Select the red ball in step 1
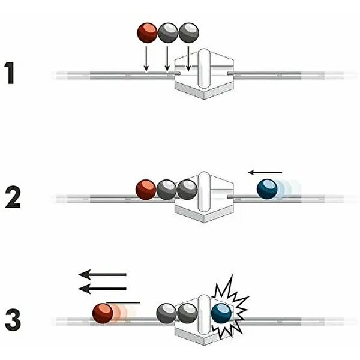point(148,32)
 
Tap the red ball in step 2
point(146,189)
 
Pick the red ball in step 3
point(103,313)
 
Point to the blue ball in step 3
point(222,313)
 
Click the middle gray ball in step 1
point(167,32)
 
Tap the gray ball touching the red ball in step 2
point(166,190)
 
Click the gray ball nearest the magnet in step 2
point(187,190)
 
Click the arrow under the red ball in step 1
point(146,58)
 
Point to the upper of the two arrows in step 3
point(103,275)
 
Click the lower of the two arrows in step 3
point(103,289)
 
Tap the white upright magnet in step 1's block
point(204,71)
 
